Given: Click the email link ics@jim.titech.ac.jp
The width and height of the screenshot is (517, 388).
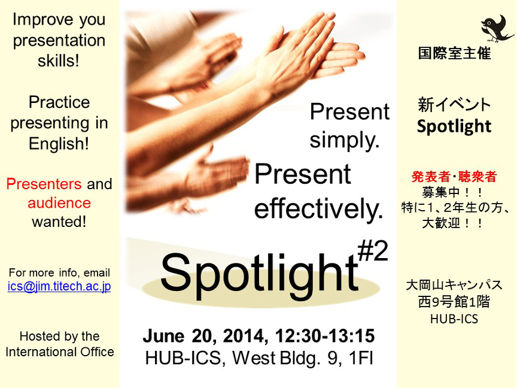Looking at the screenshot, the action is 59,286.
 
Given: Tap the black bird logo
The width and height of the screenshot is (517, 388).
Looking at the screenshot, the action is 496,29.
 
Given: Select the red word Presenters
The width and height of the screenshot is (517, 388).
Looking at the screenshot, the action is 44,184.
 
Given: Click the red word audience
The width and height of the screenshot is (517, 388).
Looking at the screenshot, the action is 59,203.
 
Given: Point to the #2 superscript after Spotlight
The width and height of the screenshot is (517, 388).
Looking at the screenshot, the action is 373,251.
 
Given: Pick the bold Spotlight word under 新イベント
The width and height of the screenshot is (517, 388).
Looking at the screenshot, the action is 454,126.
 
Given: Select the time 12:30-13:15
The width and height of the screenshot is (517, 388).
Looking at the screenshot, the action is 325,336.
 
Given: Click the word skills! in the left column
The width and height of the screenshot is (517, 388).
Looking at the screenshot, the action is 59,60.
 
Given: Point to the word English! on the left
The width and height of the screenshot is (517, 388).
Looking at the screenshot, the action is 59,144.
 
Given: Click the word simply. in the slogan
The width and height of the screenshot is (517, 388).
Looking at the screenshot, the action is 345,140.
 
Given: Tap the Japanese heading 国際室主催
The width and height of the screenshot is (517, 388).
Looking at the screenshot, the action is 454,53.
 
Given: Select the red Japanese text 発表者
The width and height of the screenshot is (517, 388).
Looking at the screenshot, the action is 431,177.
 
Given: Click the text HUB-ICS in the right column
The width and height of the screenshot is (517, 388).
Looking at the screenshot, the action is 454,319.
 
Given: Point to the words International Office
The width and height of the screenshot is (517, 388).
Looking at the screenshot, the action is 60,351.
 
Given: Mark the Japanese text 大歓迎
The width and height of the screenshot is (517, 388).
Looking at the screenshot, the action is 441,223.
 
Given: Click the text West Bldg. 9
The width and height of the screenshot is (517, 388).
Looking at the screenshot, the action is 285,358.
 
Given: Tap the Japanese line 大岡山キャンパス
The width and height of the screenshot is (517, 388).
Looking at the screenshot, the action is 454,285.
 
